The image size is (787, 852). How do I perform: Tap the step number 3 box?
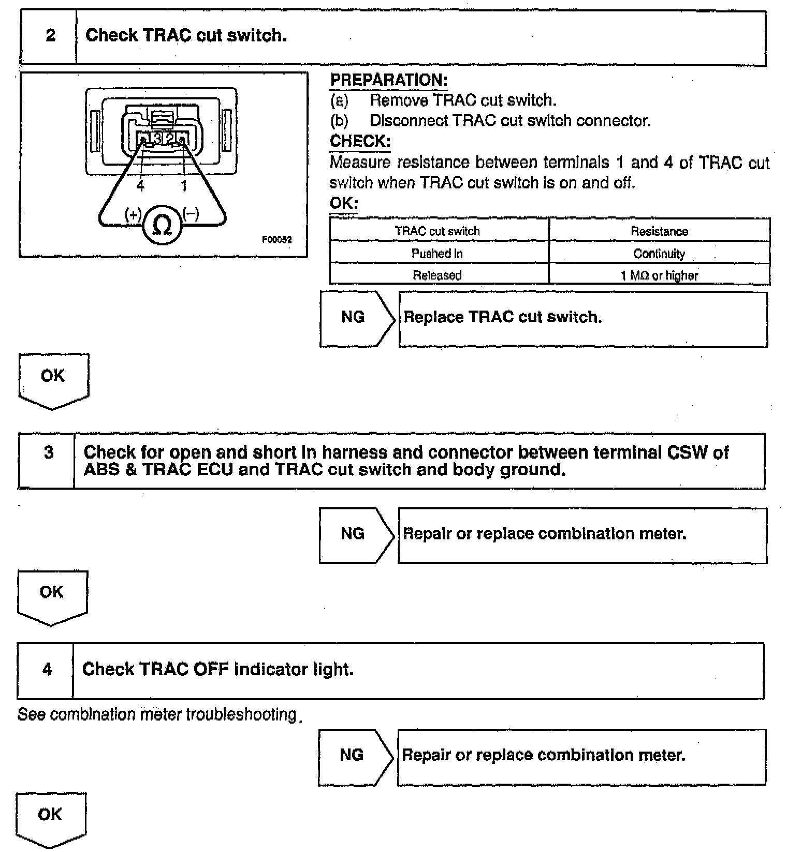[48, 453]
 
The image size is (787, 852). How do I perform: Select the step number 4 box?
[47, 669]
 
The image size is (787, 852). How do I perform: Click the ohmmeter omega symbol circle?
[163, 225]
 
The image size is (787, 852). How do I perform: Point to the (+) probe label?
[133, 214]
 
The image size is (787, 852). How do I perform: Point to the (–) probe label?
[191, 213]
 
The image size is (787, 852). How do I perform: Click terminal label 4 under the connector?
[140, 185]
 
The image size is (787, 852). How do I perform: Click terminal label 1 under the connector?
[184, 185]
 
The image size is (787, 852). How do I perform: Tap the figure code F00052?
[276, 240]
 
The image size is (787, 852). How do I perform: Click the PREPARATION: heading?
[389, 80]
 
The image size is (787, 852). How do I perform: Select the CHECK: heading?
[360, 141]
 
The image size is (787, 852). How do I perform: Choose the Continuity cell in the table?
[659, 254]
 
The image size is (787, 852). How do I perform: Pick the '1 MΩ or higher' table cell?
[659, 275]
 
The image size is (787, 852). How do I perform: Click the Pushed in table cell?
[438, 254]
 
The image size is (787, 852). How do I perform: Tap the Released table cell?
[438, 275]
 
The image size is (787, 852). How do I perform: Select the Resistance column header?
[659, 231]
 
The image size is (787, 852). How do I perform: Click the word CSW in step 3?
[687, 452]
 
